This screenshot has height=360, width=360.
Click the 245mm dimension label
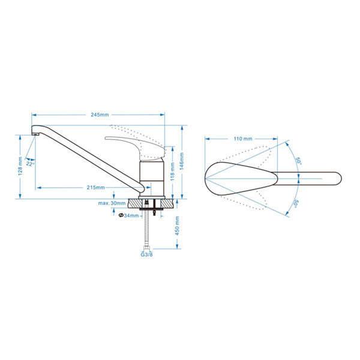(x=100, y=115)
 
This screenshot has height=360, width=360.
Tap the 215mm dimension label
(x=96, y=187)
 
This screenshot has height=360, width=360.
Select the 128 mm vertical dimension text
(x=20, y=166)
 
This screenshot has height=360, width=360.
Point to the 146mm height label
(x=181, y=161)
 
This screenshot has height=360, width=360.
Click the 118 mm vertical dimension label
(x=172, y=172)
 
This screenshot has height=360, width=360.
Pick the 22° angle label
(x=30, y=163)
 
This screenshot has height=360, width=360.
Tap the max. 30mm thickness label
(x=112, y=203)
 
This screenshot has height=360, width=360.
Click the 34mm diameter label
(x=129, y=215)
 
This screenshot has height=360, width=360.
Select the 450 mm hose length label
(x=177, y=226)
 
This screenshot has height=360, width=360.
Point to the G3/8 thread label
(x=147, y=254)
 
